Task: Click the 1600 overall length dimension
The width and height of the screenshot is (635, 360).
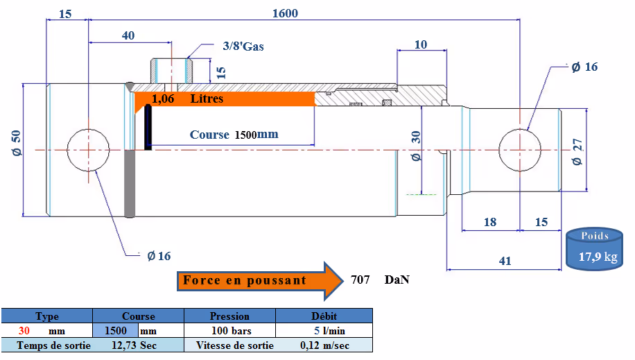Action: coord(285,13)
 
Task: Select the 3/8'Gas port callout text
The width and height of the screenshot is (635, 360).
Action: coord(243,46)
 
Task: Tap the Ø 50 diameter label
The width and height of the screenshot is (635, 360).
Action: coord(16,143)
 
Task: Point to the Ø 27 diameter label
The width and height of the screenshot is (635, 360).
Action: coord(577,152)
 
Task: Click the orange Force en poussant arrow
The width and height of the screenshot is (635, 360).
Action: coord(260,280)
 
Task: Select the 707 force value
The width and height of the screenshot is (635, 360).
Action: coord(360,280)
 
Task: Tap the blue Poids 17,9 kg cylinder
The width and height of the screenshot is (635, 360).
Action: coord(595,248)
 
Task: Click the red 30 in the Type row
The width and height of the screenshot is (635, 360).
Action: coord(24,331)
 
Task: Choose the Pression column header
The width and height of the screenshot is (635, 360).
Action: coord(229,316)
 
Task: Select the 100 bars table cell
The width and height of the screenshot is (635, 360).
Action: coord(232,331)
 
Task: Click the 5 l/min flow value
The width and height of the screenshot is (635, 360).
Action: coord(330,331)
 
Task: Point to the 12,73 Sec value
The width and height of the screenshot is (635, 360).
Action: coord(134,345)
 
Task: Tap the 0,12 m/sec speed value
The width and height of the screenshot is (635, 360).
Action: coord(325,345)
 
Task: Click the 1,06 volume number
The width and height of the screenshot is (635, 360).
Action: coord(163,98)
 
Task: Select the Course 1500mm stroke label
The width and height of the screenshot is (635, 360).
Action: coord(234,135)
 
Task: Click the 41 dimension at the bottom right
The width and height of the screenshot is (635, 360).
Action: coord(505,261)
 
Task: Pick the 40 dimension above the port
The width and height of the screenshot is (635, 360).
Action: coord(128,35)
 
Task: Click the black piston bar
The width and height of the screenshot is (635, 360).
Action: coord(148,128)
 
